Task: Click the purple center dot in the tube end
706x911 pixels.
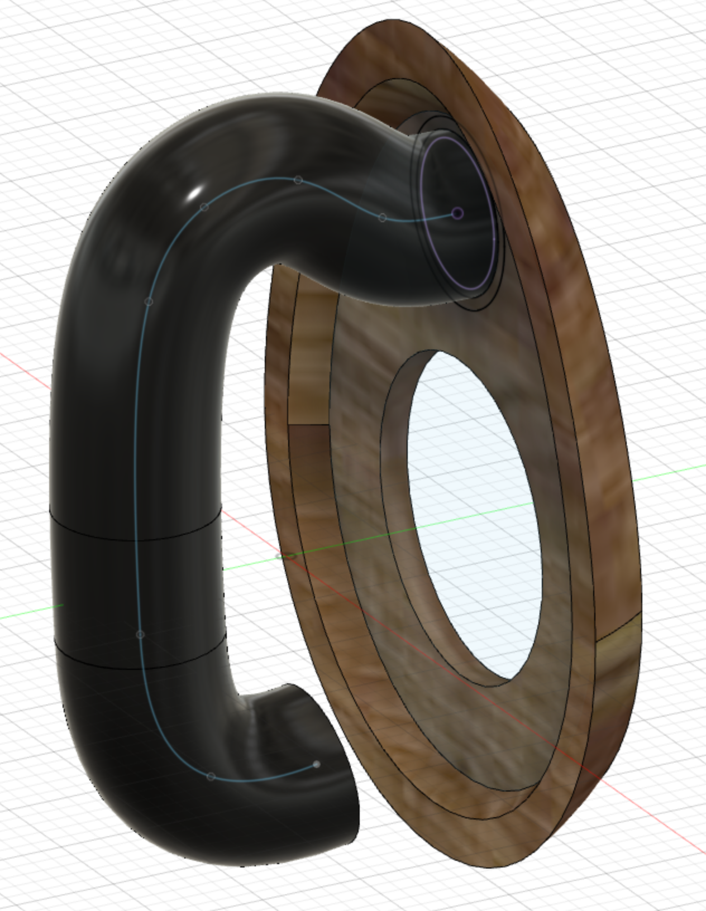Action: pyautogui.click(x=457, y=213)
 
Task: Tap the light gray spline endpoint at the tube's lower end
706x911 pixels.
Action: pyautogui.click(x=317, y=764)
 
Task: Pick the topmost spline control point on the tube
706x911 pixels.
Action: pyautogui.click(x=298, y=180)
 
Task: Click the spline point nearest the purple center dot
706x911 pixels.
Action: pyautogui.click(x=383, y=217)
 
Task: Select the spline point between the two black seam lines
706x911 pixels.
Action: pyautogui.click(x=140, y=635)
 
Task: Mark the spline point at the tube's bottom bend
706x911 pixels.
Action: pyautogui.click(x=211, y=776)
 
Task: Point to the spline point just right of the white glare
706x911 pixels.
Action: pyautogui.click(x=204, y=207)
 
